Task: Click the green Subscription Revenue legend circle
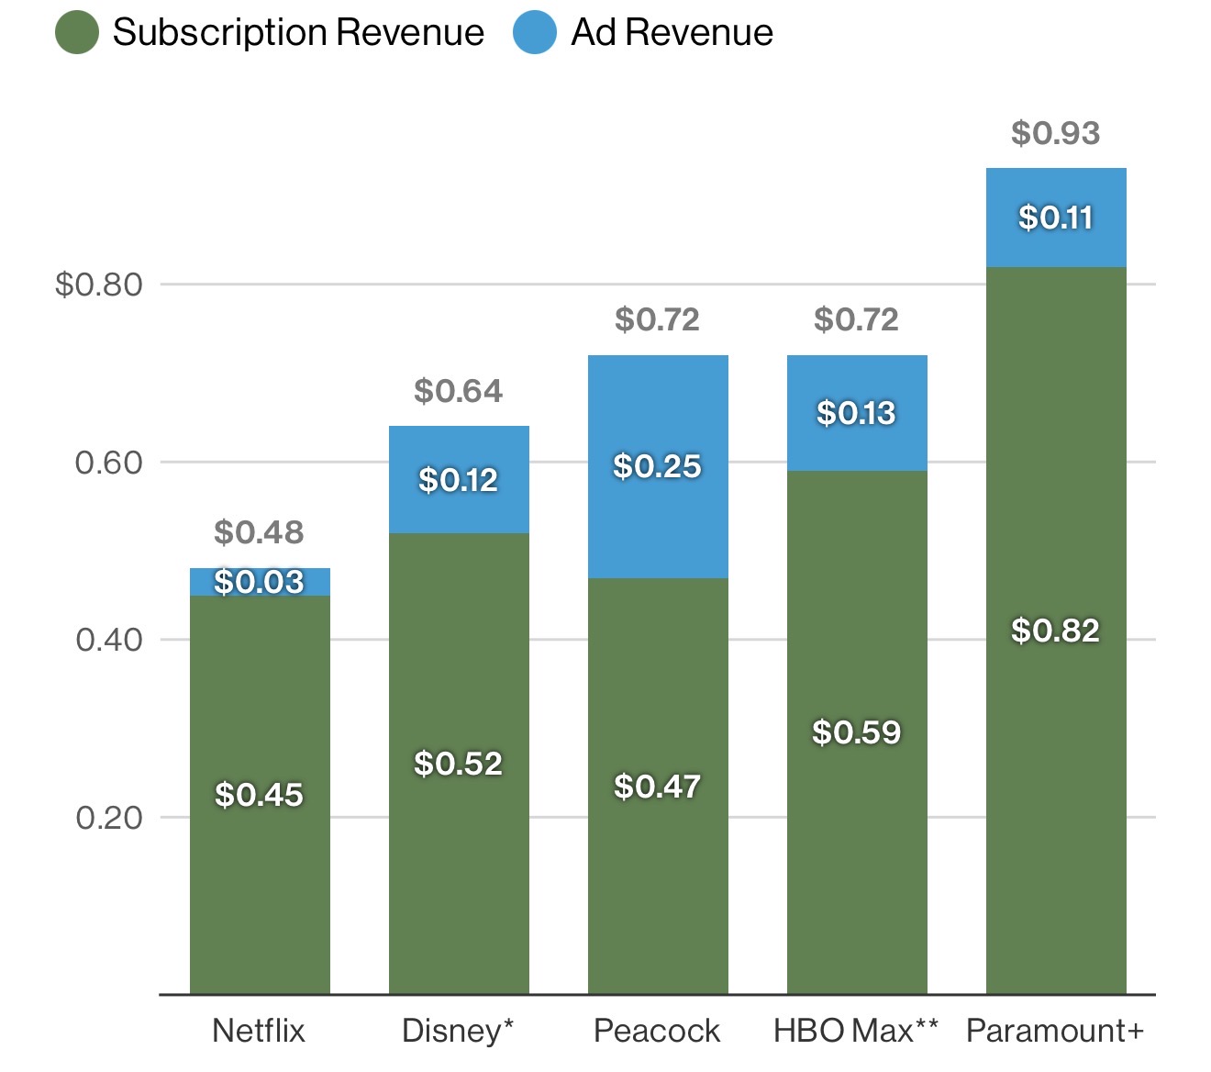pyautogui.click(x=77, y=32)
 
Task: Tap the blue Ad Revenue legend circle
pyautogui.click(x=535, y=32)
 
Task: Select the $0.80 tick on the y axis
pyautogui.click(x=99, y=285)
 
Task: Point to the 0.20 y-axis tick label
pyautogui.click(x=109, y=818)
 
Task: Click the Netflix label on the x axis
pyautogui.click(x=259, y=1031)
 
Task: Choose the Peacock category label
pyautogui.click(x=657, y=1031)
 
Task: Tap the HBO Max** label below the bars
pyautogui.click(x=856, y=1031)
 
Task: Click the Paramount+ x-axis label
pyautogui.click(x=1055, y=1031)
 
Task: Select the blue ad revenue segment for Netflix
pyautogui.click(x=260, y=582)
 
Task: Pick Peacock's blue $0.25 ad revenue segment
pyautogui.click(x=658, y=514)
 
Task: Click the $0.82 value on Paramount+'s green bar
pyautogui.click(x=1055, y=631)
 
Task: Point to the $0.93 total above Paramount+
pyautogui.click(x=1055, y=133)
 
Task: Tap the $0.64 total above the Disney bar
pyautogui.click(x=458, y=391)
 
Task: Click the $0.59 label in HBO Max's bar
pyautogui.click(x=856, y=732)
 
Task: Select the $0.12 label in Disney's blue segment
pyautogui.click(x=458, y=480)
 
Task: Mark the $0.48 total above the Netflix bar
pyautogui.click(x=259, y=532)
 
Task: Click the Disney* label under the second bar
pyautogui.click(x=458, y=1031)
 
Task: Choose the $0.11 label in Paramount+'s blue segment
pyautogui.click(x=1055, y=218)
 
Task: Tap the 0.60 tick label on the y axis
pyautogui.click(x=109, y=463)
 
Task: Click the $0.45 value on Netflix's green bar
pyautogui.click(x=259, y=795)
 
